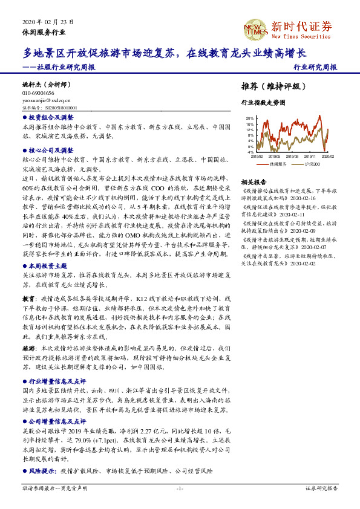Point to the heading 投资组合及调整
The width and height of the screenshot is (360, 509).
tap(51, 117)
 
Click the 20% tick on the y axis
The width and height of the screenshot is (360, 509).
tap(249, 118)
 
